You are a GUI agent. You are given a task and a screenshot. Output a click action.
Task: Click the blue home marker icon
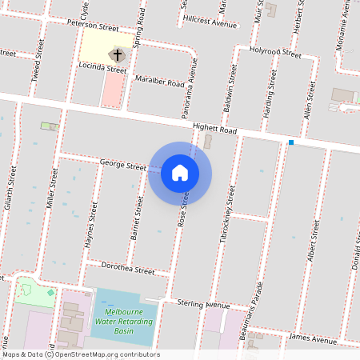180,172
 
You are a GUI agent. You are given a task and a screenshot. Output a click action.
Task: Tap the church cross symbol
117,56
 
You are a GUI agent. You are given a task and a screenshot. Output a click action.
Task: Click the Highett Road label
215,129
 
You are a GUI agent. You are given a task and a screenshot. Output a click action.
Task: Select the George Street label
122,165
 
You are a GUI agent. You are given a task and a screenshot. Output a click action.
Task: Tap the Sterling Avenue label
206,304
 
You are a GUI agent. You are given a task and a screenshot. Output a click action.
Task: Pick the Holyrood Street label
274,54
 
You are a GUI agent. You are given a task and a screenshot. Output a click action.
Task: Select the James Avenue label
314,339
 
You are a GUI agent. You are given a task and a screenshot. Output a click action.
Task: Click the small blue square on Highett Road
291,142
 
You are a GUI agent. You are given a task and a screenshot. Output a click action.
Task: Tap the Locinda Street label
104,70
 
